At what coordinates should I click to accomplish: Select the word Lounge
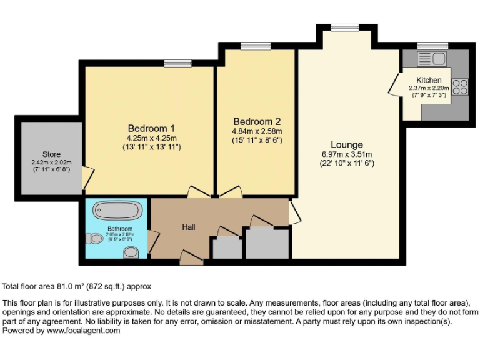coord(347,144)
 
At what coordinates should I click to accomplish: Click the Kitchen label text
coord(429,80)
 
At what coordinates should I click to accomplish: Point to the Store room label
coord(51,154)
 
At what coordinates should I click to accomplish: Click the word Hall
coord(189,227)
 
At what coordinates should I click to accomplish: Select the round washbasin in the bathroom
coord(131,251)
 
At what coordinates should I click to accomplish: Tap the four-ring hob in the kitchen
coord(460,87)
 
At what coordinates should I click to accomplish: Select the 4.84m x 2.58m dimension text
coord(257,131)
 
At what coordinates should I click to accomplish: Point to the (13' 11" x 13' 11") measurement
coord(152,147)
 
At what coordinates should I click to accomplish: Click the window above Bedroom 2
coord(255,46)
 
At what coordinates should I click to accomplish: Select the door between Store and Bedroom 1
coord(87,178)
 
